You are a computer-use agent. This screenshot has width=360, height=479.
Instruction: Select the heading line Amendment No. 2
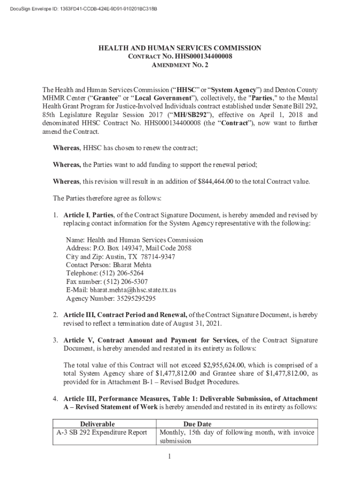(180, 65)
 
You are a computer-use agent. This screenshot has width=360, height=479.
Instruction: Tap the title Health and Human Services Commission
(180, 48)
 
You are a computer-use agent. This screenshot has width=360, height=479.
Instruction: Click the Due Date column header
(197, 424)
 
